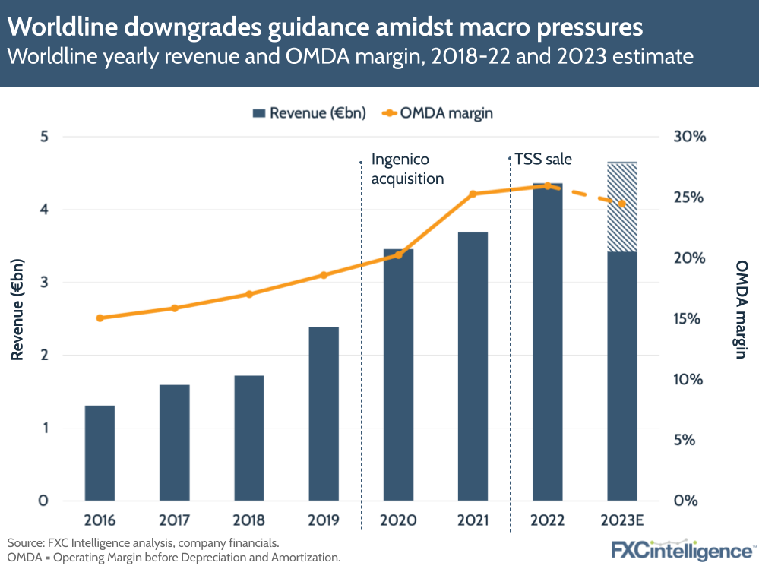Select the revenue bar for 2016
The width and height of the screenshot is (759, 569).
100,453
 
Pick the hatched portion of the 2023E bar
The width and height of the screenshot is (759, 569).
621,207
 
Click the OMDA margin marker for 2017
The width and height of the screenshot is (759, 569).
174,308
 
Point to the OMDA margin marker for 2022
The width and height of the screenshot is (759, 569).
547,185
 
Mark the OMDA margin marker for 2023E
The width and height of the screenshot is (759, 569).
621,204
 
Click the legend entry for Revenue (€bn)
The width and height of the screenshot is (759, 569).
308,113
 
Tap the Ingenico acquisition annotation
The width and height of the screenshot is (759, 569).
406,169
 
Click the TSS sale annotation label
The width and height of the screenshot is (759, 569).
542,160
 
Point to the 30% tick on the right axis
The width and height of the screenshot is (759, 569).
689,138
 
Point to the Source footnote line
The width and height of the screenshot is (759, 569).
144,543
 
